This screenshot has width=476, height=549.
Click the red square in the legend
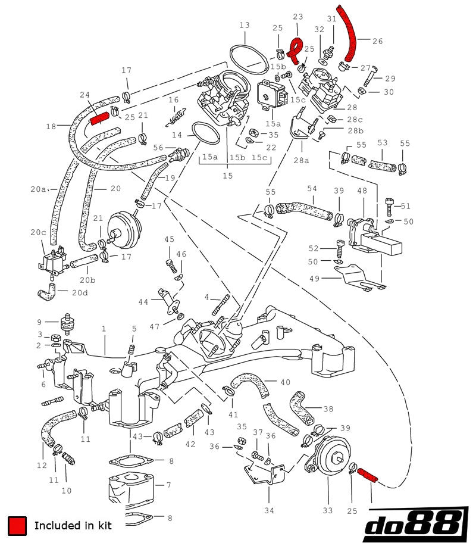point(17,525)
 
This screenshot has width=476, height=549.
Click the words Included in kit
point(73,525)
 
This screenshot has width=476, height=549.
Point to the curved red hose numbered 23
point(295,48)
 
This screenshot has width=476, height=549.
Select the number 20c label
point(39,232)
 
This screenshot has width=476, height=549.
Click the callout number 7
point(168,485)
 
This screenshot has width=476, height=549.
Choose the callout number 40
point(285,382)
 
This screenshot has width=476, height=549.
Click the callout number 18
point(50,126)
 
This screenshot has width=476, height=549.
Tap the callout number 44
point(143,302)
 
